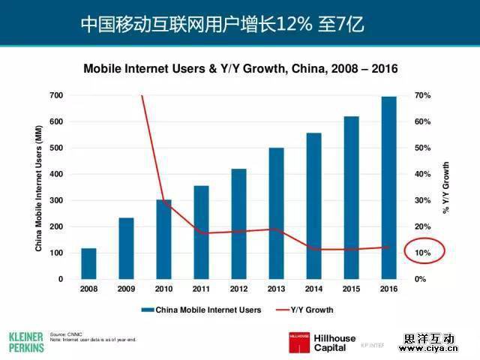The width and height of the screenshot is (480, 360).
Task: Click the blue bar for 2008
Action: (x=88, y=263)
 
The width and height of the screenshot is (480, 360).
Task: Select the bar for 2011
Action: (x=201, y=232)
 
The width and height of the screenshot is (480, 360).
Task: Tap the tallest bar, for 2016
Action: (x=388, y=187)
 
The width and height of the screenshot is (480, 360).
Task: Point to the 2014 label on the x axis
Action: (x=313, y=289)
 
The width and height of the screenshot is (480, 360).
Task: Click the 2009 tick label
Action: (x=126, y=289)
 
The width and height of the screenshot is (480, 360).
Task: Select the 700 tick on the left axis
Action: (x=56, y=95)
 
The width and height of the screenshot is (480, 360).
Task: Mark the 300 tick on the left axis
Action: (x=56, y=200)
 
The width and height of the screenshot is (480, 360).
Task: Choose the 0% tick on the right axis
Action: (x=420, y=279)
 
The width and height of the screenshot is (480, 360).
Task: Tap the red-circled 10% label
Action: (x=423, y=253)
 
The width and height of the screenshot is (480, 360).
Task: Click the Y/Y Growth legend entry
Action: (x=304, y=309)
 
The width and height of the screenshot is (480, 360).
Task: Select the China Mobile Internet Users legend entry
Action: (x=202, y=309)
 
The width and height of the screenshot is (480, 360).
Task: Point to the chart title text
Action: (x=240, y=68)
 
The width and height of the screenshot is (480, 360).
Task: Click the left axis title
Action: (x=39, y=187)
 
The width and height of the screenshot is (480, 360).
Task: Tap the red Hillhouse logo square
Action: (x=300, y=341)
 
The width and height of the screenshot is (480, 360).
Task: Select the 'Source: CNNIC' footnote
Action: (x=65, y=334)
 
